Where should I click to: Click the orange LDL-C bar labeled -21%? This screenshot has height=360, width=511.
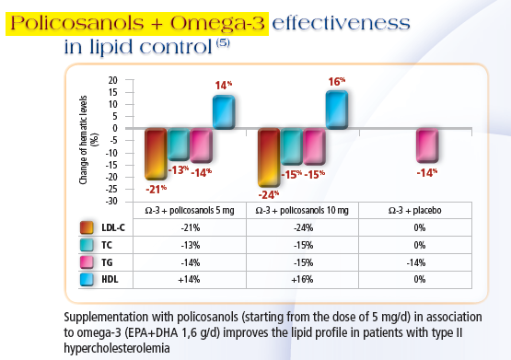point(155,154)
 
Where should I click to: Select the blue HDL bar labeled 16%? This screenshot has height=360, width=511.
point(336,109)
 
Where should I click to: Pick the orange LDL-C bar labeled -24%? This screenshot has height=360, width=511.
point(269,157)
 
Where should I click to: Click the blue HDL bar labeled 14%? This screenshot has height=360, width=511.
point(224,112)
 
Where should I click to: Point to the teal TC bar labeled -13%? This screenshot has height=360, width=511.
point(178,145)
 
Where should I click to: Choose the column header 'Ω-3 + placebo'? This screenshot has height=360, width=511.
point(416,210)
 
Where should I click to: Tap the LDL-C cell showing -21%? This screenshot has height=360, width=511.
point(190,227)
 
